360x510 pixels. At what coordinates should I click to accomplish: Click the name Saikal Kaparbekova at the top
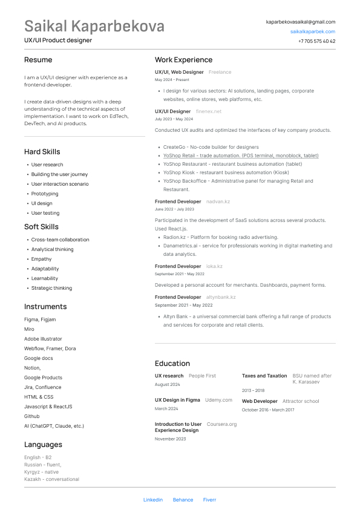[94, 27]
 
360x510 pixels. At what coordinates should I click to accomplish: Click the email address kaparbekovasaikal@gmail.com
[300, 22]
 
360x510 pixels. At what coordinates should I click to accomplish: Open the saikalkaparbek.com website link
[312, 31]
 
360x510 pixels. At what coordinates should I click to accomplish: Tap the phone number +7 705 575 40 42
[316, 41]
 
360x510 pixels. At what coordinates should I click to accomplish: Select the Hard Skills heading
[42, 152]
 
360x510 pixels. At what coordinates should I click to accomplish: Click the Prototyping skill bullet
[45, 194]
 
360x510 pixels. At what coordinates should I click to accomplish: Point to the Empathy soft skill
[41, 259]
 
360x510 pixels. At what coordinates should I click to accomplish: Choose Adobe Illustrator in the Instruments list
[43, 339]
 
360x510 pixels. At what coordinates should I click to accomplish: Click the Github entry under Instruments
[32, 416]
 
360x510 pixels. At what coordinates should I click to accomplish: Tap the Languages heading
[43, 445]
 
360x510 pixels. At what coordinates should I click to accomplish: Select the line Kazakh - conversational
[51, 479]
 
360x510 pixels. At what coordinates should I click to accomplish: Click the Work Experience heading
[183, 60]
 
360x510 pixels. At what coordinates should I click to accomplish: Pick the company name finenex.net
[209, 111]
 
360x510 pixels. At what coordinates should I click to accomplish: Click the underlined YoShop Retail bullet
[241, 155]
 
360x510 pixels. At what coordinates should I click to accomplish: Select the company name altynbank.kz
[221, 297]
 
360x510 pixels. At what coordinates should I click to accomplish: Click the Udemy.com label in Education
[218, 400]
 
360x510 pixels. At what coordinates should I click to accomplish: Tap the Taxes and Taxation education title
[264, 376]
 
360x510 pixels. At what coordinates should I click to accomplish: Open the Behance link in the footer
[183, 500]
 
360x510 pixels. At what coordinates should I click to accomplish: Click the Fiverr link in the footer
[209, 500]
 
